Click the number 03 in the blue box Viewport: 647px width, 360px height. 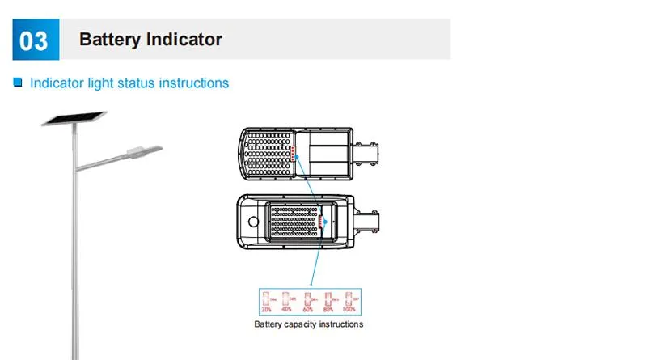(33, 40)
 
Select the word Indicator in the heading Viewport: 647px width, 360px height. (184, 39)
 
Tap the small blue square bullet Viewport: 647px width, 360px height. (17, 83)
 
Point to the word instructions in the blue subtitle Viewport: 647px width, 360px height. (196, 83)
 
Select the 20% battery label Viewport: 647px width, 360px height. (268, 309)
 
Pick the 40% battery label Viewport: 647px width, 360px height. (287, 309)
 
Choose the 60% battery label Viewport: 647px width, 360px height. (308, 309)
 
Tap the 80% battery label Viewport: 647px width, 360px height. (329, 309)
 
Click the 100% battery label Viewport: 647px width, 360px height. (349, 309)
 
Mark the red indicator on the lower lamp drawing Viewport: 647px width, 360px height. (321, 219)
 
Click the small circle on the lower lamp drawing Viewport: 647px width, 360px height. (253, 220)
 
